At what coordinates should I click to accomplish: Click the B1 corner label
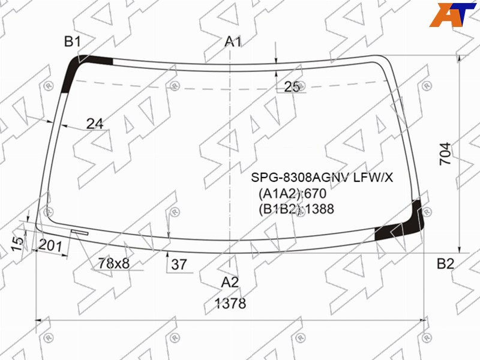[x=73, y=41]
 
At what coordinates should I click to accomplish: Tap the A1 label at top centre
[x=233, y=41]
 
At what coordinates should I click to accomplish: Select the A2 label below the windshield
[x=230, y=282]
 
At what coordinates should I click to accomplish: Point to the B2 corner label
[x=445, y=263]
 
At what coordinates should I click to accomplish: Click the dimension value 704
[x=445, y=154]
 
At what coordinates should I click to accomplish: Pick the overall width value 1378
[x=230, y=304]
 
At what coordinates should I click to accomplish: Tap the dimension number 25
[x=292, y=87]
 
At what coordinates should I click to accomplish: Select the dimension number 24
[x=95, y=124]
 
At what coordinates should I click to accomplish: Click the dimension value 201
[x=51, y=245]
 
